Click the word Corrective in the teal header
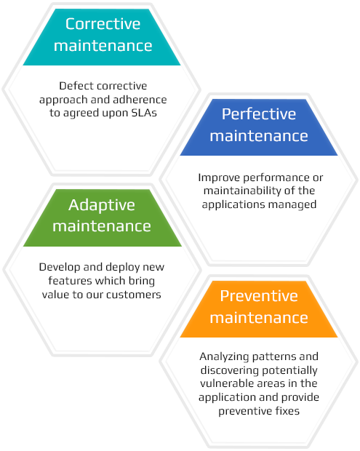(x=103, y=24)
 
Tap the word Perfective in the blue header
(x=259, y=114)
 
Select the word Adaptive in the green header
(x=102, y=206)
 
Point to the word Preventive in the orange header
(x=259, y=296)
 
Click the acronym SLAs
(x=144, y=113)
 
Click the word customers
(x=133, y=295)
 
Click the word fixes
(x=287, y=411)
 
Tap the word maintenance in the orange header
(x=259, y=318)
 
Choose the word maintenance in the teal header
(x=103, y=46)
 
